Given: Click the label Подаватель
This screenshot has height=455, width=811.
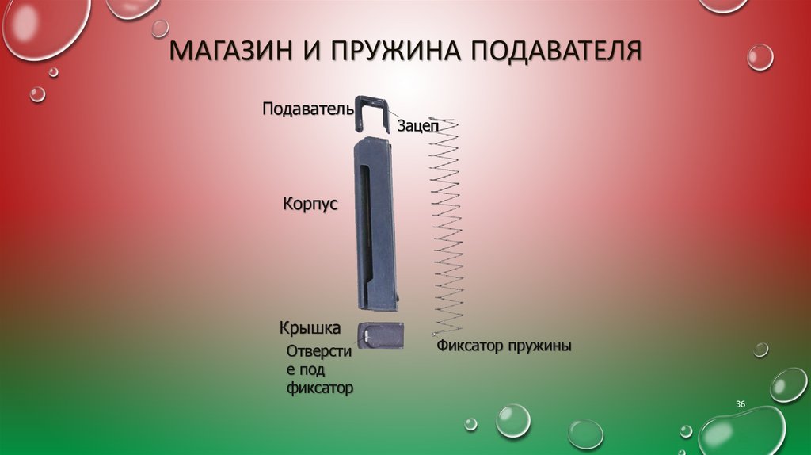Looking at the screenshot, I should click(x=307, y=108).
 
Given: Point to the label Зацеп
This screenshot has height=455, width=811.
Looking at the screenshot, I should click(x=416, y=125).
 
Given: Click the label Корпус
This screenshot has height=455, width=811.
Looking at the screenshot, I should click(x=310, y=204).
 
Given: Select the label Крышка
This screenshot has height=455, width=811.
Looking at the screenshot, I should click(x=310, y=327).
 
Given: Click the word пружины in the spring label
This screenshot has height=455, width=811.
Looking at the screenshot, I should click(x=539, y=347).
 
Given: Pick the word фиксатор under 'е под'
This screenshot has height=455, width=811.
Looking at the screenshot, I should click(x=319, y=388).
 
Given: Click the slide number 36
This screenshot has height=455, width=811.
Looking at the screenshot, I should click(x=741, y=405).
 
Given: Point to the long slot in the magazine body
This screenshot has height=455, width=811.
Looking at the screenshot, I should click(x=364, y=230).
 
